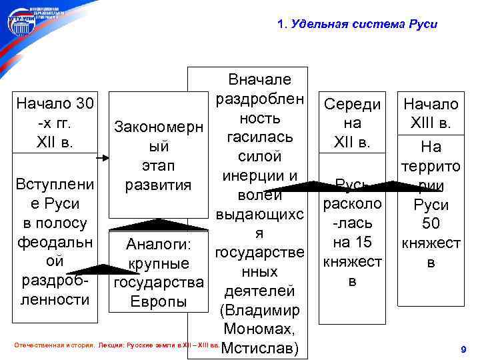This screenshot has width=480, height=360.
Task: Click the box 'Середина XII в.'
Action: [x=352, y=123]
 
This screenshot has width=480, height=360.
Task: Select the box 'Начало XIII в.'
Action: [x=431, y=114]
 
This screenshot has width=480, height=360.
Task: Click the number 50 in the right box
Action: [x=431, y=225]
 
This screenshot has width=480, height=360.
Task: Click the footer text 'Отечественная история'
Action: [x=54, y=347]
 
